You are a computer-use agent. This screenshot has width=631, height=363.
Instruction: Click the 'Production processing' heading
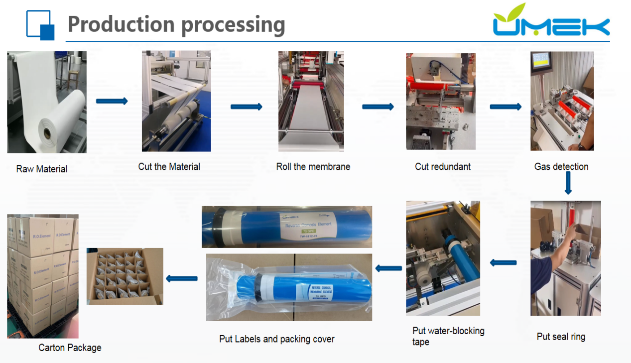pos(176,24)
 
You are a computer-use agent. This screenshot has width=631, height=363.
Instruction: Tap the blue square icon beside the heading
pos(40,25)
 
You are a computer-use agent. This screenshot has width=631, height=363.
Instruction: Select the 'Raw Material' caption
pos(42,169)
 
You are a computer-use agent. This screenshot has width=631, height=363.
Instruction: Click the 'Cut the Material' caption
pos(169,166)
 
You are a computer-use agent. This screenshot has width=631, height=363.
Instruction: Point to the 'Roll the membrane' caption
pos(313,166)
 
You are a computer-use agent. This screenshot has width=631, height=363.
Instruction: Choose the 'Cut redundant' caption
pos(443,166)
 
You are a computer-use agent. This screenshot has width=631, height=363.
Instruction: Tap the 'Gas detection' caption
pos(561,166)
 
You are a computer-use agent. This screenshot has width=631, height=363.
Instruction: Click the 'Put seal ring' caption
pos(561,337)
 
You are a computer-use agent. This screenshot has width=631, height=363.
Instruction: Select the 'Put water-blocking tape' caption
pos(448,336)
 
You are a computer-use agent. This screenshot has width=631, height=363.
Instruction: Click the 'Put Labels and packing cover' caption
pos(277,339)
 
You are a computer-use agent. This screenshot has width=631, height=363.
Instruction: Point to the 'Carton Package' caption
pos(70,348)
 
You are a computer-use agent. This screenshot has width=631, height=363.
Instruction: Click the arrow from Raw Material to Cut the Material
pos(112,101)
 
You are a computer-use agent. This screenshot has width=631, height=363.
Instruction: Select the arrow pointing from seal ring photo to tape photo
pos(503,262)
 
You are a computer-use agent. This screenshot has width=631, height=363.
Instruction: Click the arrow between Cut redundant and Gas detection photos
pos(505,107)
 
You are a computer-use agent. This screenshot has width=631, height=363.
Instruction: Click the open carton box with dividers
pos(125,276)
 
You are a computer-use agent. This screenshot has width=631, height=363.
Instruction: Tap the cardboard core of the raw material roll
pos(46,133)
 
